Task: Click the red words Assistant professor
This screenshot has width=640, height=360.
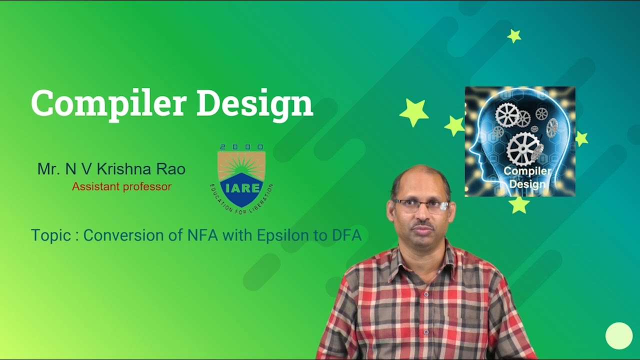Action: point(121,186)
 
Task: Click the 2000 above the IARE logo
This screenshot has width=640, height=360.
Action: point(241,147)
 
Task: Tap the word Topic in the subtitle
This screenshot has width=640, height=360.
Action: point(51,235)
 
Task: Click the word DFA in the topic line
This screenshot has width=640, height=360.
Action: point(346,235)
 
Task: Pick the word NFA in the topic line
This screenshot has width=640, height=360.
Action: point(202,235)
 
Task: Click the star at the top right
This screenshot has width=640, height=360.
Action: point(514,35)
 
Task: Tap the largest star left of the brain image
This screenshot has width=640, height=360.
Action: point(414,112)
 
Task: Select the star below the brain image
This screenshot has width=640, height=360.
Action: point(519,204)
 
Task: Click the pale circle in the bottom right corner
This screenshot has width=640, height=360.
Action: point(619,335)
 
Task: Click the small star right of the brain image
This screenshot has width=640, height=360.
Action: point(581,138)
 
